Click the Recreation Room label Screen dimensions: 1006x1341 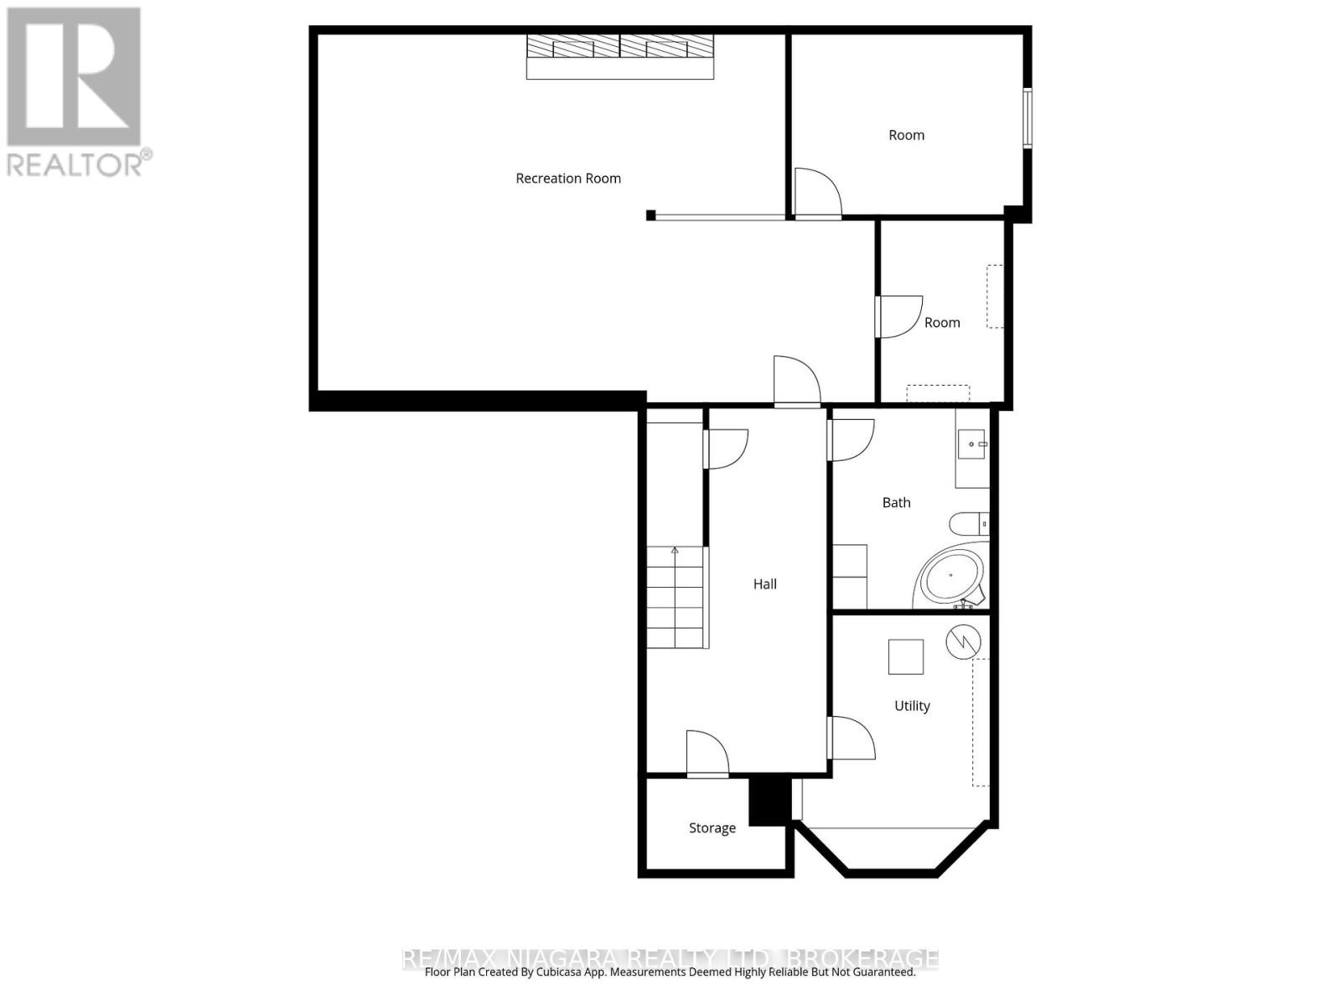568,178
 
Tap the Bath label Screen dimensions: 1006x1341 896,502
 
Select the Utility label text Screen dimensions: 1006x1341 912,706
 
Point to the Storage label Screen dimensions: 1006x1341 712,828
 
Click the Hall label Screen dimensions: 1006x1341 764,584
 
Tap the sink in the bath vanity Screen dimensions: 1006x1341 971,444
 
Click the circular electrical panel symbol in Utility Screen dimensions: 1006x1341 963,641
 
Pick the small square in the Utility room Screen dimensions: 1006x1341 906,656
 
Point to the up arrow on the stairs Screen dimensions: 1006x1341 675,551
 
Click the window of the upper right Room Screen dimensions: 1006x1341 1027,118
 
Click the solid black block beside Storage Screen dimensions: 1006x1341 769,801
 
